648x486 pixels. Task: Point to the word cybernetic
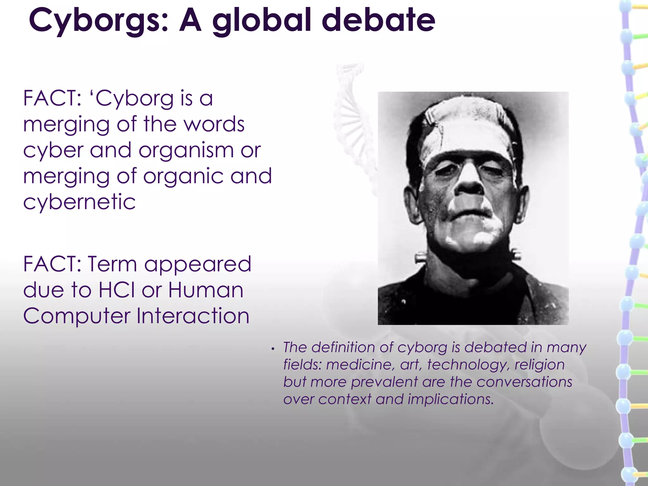[x=79, y=202]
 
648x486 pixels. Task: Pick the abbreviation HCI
[x=117, y=290]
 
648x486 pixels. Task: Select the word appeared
[x=198, y=265]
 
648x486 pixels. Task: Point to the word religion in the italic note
[x=539, y=365]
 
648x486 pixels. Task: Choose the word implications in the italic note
[x=451, y=399]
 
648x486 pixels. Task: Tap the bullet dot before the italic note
[x=272, y=349]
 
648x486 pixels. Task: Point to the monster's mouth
[x=471, y=215]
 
